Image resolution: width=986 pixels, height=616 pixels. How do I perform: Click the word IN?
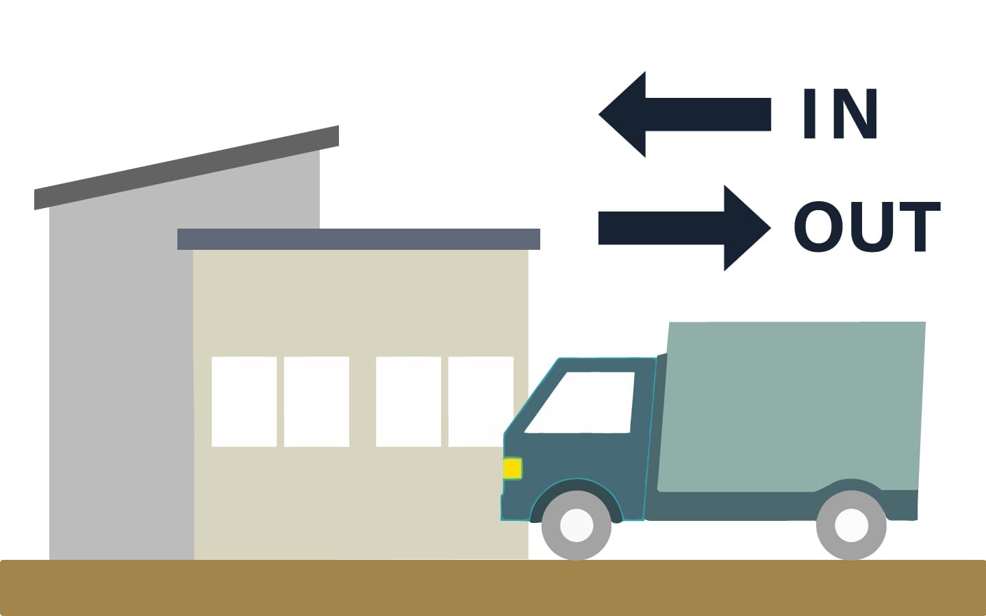pos(840,114)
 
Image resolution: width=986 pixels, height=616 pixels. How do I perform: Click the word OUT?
pos(867,227)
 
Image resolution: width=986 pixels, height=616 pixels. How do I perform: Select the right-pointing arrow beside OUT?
pos(685,228)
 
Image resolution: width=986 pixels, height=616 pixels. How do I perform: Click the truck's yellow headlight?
pos(512,469)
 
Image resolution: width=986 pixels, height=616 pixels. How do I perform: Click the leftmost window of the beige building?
pos(244,402)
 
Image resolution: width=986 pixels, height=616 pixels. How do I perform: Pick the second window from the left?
pos(316,402)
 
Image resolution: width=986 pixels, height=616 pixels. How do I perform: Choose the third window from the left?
pos(408,402)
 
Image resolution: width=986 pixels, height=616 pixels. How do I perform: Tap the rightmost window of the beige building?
pos(481,402)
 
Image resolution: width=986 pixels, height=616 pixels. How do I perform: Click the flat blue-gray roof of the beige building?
pos(358,239)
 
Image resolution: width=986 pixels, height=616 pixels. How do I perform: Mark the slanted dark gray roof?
pos(186,167)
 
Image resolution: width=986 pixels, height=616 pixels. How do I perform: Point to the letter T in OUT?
pos(917,227)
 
